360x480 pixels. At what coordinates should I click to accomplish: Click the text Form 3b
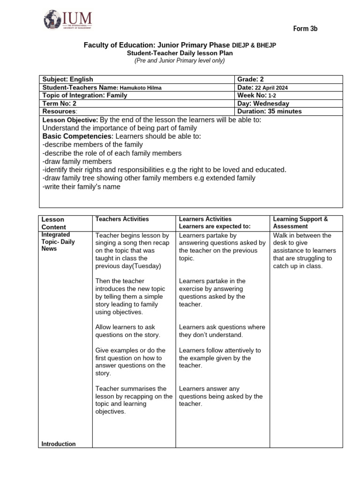pos(305,29)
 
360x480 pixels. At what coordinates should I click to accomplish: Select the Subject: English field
pos(68,79)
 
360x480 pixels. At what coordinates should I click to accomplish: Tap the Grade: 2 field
pos(251,79)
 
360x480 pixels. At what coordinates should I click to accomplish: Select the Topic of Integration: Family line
pos(85,95)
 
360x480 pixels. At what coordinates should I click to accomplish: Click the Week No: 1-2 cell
pos(257,95)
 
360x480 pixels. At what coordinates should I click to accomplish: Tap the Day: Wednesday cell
pos(263,104)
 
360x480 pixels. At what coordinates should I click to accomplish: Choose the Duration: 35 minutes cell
pos(270,112)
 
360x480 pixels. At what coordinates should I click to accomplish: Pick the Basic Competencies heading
pos(78,136)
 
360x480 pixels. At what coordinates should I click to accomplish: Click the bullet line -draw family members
pos(77,161)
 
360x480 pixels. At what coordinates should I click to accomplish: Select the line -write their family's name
pos(81,187)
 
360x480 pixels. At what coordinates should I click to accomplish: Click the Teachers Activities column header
pos(122,219)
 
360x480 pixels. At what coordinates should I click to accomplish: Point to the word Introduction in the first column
pos(59,444)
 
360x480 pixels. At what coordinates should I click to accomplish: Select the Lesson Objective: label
pos(70,120)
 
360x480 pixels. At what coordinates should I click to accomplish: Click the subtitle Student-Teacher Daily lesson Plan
pos(180,53)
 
